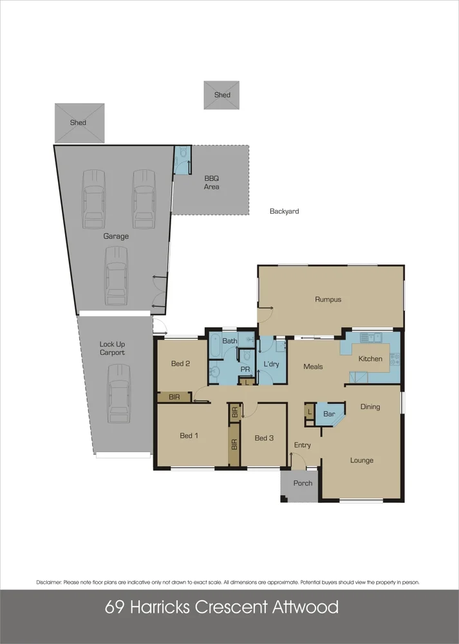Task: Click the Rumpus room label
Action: [x=328, y=299]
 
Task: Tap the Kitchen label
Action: [x=370, y=359]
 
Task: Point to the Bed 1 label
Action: [x=189, y=436]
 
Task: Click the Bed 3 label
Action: [x=264, y=439]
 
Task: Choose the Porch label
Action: [x=303, y=483]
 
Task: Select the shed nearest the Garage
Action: [x=79, y=122]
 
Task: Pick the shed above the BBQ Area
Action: [x=222, y=95]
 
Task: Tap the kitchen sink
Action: [x=371, y=337]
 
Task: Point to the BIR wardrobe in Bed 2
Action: [x=174, y=397]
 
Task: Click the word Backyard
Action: [x=284, y=211]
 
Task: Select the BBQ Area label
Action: [x=212, y=183]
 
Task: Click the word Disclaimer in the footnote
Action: [x=49, y=582]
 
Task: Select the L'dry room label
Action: [x=272, y=365]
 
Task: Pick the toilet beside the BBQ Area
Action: [x=183, y=153]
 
